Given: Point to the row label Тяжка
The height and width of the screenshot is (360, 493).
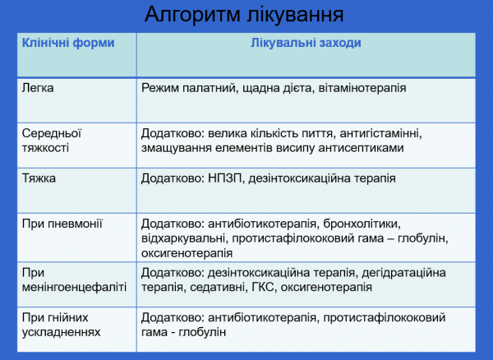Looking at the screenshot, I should point(39,177).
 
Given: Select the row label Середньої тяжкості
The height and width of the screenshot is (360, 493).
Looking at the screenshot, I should point(52,139).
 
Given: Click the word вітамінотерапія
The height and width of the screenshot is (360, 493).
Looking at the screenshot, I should point(362,86).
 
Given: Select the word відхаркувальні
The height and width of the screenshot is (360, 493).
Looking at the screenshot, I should point(184,238).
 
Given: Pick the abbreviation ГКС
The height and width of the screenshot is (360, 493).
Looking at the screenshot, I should point(291,288).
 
